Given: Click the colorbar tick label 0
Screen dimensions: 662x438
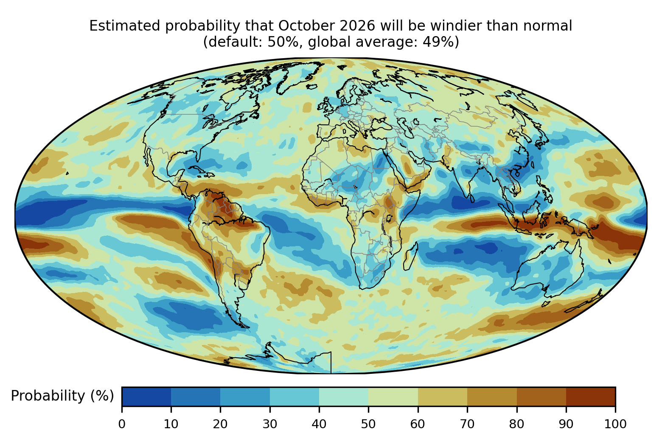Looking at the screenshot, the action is pyautogui.click(x=122, y=424).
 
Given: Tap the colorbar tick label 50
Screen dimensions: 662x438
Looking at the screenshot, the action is pyautogui.click(x=368, y=424).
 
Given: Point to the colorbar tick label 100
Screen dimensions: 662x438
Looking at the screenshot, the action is pyautogui.click(x=615, y=424).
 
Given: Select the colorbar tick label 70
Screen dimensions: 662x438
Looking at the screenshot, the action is pyautogui.click(x=467, y=424).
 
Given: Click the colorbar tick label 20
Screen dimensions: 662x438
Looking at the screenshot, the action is pyautogui.click(x=220, y=424).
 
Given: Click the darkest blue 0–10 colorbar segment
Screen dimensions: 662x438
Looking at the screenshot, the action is pyautogui.click(x=146, y=396).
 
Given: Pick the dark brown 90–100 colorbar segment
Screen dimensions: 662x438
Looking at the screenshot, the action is pyautogui.click(x=591, y=396).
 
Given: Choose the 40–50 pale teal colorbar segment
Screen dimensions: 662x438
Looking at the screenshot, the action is pyautogui.click(x=344, y=396).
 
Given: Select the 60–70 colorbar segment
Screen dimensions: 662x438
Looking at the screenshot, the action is pyautogui.click(x=443, y=396).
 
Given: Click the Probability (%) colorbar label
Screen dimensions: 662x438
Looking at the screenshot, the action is pyautogui.click(x=62, y=396).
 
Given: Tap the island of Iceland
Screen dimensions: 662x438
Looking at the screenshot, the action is pyautogui.click(x=311, y=87).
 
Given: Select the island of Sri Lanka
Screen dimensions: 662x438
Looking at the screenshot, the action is pyautogui.click(x=472, y=198).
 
